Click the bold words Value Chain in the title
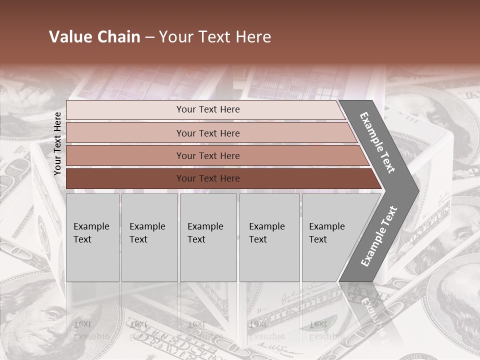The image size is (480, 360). coord(94,37)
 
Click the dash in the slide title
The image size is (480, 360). coord(149,37)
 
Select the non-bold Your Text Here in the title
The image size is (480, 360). coord(215,37)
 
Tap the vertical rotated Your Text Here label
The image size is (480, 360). coord(57,144)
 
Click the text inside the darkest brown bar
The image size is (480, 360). coord(208,178)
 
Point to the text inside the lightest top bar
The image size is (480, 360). coord(208,109)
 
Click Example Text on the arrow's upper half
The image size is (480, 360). coord(377,142)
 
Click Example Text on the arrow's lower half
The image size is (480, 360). coord(379,236)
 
